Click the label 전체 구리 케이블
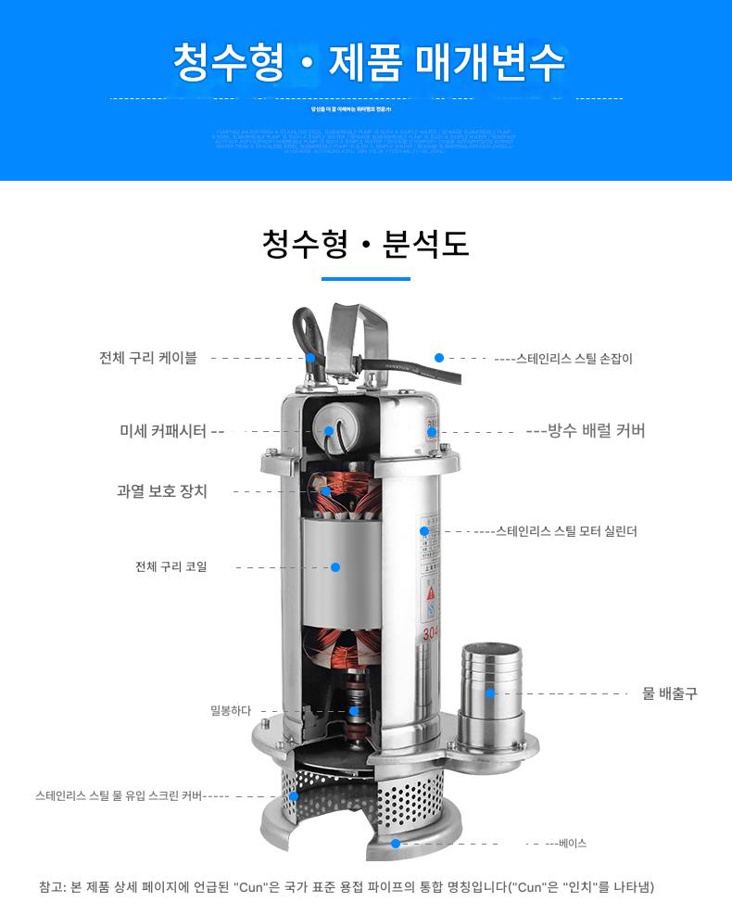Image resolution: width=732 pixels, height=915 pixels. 148,358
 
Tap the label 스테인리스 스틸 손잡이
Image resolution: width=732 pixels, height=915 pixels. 574,359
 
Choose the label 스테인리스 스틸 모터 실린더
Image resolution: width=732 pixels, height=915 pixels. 566,531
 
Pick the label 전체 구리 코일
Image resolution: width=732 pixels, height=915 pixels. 171,566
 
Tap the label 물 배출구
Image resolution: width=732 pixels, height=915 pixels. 670,693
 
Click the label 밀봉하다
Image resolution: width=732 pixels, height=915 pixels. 231,711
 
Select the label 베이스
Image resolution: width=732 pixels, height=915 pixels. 573,843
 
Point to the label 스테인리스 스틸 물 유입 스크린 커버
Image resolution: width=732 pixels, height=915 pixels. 120,795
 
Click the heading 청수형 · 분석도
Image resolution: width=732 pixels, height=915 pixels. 366,243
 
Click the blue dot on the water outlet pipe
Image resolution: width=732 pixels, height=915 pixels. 490,693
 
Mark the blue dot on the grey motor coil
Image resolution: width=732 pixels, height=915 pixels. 335,566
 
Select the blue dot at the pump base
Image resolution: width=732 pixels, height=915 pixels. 396,843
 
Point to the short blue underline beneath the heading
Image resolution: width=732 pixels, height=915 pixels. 365,278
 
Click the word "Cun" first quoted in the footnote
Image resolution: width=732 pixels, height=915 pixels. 251,887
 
